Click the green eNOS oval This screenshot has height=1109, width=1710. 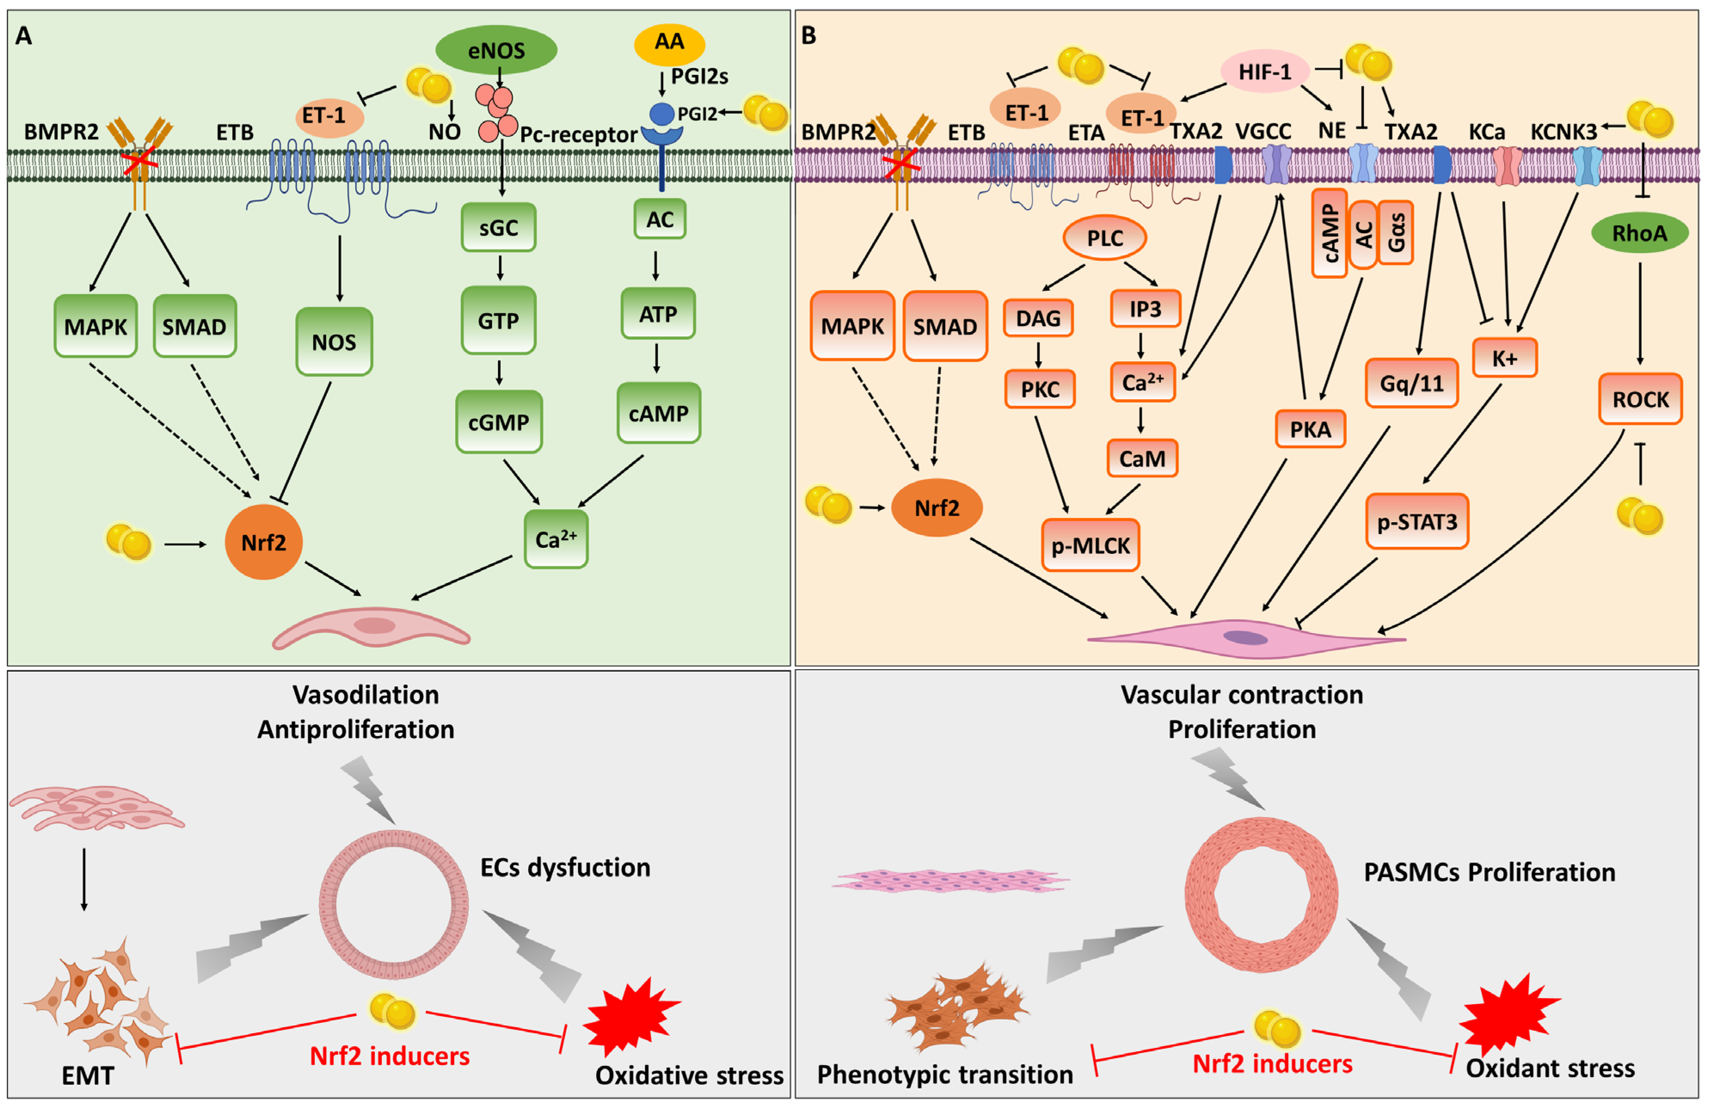[496, 50]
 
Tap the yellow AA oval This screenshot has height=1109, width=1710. [669, 43]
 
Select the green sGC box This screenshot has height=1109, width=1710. [498, 227]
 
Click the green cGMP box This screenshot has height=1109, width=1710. [498, 421]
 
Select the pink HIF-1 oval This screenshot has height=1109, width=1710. [1264, 71]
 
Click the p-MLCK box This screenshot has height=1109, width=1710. [1090, 546]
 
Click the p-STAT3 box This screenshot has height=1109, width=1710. [1416, 522]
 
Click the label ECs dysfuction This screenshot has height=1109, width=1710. [565, 868]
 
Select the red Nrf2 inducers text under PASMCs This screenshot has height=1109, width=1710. [1272, 1064]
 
